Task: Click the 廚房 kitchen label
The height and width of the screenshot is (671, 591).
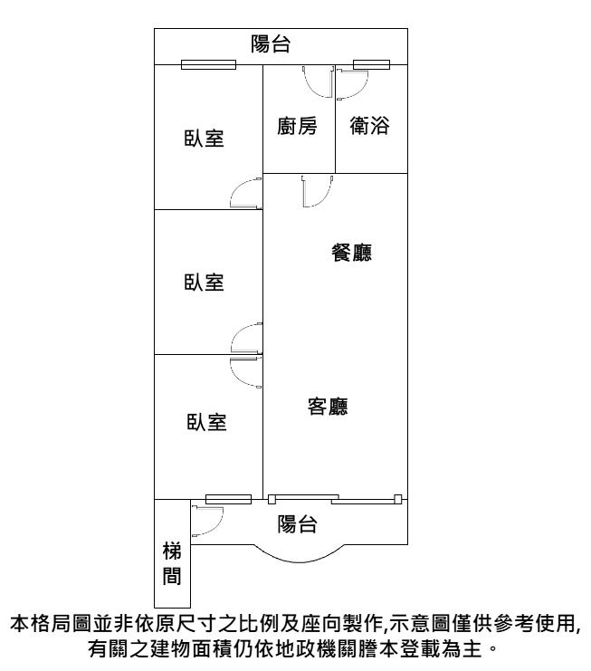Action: [x=297, y=126]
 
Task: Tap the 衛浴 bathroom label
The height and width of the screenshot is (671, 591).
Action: [x=370, y=126]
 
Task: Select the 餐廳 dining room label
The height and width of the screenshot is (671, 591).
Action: [x=351, y=253]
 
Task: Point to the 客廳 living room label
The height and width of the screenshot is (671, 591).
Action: [x=328, y=407]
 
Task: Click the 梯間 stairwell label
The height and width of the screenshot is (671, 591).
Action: [x=172, y=563]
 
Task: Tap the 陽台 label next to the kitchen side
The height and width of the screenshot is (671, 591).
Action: [x=271, y=44]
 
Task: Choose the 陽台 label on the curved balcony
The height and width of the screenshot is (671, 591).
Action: [x=297, y=524]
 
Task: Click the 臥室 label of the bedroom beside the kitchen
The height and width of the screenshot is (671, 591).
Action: [x=204, y=139]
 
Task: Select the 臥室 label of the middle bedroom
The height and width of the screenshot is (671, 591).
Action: [x=204, y=283]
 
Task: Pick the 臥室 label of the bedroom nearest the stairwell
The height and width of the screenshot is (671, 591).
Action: [x=206, y=422]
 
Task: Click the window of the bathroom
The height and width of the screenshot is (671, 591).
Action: [x=371, y=64]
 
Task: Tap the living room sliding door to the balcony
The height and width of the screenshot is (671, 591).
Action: [x=335, y=499]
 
